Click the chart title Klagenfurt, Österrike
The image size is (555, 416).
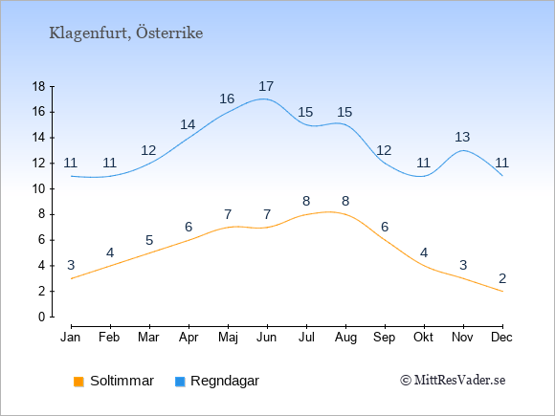(x=126, y=33)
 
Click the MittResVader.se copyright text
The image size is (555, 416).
(x=453, y=381)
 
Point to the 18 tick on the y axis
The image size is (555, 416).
(x=39, y=86)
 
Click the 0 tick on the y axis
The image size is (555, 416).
(x=42, y=317)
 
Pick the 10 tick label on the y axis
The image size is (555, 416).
(x=39, y=189)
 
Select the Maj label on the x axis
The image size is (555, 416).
(x=228, y=338)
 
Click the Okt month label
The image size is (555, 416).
(x=423, y=338)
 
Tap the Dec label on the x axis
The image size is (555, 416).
(x=501, y=338)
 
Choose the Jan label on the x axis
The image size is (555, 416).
(x=71, y=338)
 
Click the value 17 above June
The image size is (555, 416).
(x=266, y=86)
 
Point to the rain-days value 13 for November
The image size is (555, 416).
(x=462, y=137)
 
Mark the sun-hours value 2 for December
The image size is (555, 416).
(x=502, y=278)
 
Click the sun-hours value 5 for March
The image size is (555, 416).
(x=149, y=241)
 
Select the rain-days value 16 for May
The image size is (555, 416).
(x=227, y=99)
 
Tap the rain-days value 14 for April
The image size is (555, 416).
(x=188, y=124)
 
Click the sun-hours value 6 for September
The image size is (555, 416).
(x=385, y=227)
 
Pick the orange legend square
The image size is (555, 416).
(x=78, y=382)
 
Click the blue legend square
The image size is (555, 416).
(x=180, y=382)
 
